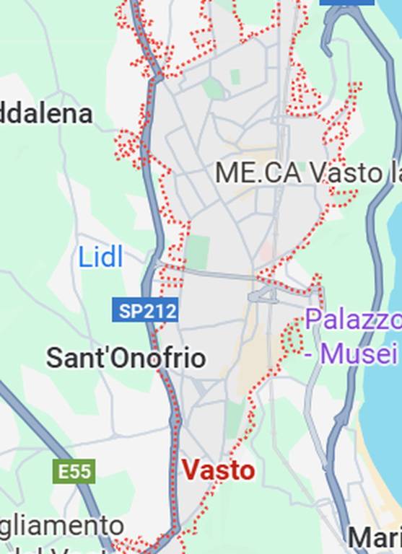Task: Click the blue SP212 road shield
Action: [x=144, y=311]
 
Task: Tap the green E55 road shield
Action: [x=74, y=472]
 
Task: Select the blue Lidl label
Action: [x=100, y=257]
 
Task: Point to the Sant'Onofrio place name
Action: [x=126, y=358]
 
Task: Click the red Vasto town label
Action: [x=218, y=470]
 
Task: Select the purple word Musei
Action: [x=360, y=354]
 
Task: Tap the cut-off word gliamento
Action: [x=61, y=526]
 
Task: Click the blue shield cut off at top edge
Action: [x=346, y=2]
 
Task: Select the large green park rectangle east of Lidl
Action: [x=196, y=252]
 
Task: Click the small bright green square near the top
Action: [x=235, y=76]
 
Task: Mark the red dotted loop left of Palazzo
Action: [x=292, y=337]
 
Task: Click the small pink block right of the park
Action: [x=266, y=252]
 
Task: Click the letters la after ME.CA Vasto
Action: [x=394, y=173]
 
